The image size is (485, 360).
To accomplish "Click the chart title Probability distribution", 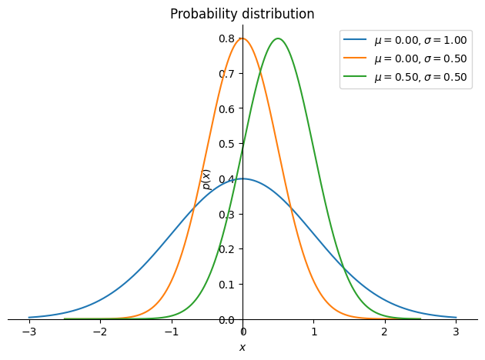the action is point(242,14).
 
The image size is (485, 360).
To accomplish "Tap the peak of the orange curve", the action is point(242,38).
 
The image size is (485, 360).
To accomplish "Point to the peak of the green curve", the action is point(279,38).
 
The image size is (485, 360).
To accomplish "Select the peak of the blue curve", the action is point(242,178).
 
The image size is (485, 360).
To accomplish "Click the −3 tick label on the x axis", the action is point(29,332).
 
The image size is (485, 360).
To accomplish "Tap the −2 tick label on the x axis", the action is point(101,332).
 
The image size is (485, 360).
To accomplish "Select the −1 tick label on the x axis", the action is point(172,332).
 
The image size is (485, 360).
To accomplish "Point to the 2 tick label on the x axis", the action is point(385,332).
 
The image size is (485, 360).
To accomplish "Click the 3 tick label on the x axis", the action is point(456,332).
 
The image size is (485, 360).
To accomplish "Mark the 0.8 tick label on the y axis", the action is point(226,38).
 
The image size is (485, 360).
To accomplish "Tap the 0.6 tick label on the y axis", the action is point(226,108).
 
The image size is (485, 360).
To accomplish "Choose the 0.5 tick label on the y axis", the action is point(226,144).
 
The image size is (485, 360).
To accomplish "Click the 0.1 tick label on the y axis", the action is point(226,285).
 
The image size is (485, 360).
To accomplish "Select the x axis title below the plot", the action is point(242,348).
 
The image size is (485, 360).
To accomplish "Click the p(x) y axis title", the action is point(206,179).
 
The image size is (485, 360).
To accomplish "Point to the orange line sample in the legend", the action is point(355,58).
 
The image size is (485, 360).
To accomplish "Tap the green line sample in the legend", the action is point(355,76).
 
